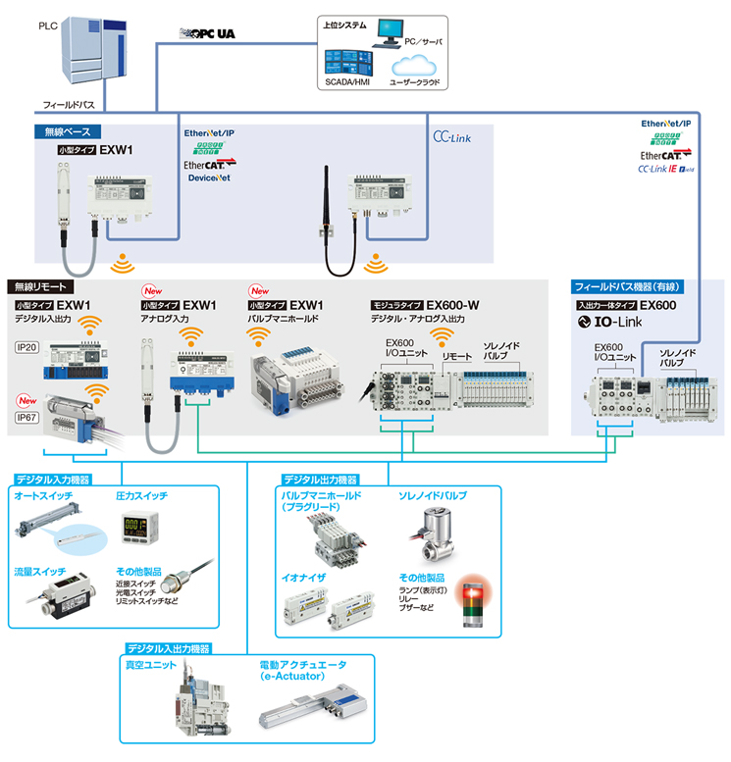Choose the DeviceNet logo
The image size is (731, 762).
click(x=209, y=178)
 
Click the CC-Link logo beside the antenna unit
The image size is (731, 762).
click(x=452, y=138)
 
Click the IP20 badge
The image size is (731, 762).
click(x=26, y=347)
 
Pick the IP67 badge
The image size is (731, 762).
click(x=27, y=417)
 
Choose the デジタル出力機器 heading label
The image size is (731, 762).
click(x=313, y=480)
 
